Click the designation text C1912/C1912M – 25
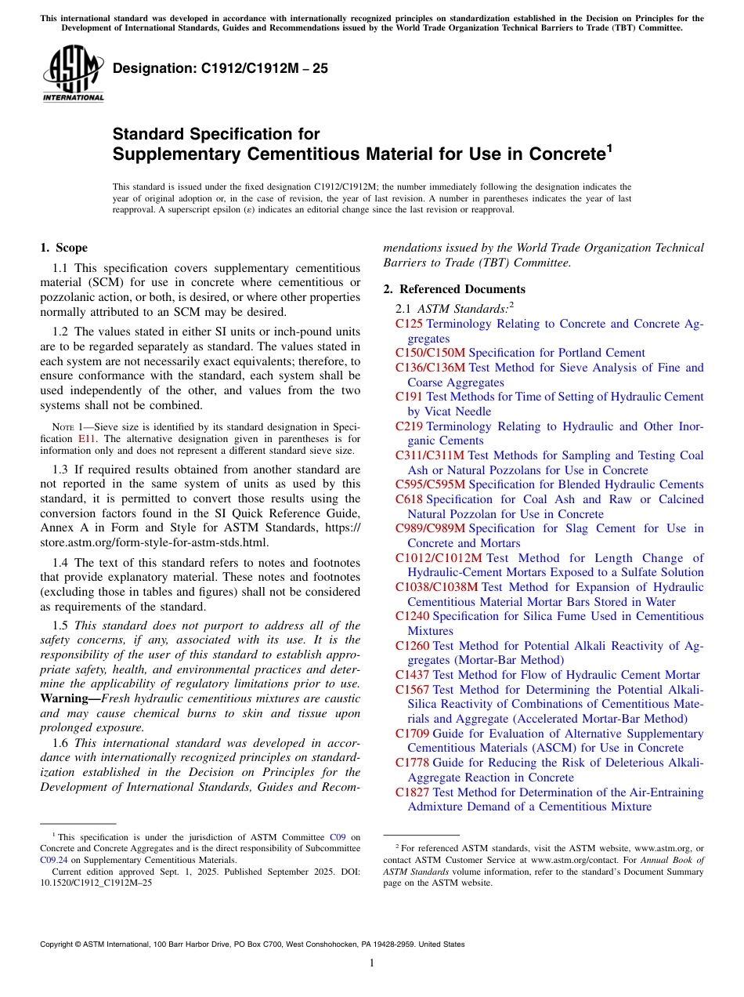click(x=220, y=69)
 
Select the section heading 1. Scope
click(x=63, y=248)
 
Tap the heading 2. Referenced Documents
click(x=453, y=289)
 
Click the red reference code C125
click(x=409, y=324)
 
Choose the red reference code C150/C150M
click(x=430, y=353)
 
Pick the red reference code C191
click(x=409, y=397)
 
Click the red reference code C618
click(x=409, y=499)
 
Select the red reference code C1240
click(x=412, y=616)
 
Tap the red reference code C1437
click(x=412, y=675)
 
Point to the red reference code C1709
click(x=412, y=734)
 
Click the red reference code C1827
click(x=412, y=792)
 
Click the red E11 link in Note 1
click(x=87, y=439)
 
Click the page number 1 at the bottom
click(x=372, y=963)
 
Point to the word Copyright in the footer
click(x=59, y=944)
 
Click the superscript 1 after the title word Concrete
click(x=609, y=147)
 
